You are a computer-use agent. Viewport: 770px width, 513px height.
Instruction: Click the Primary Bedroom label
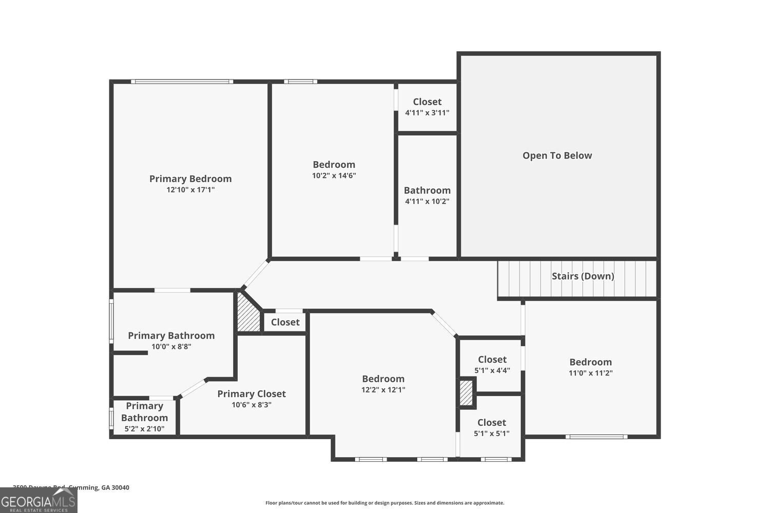(190, 179)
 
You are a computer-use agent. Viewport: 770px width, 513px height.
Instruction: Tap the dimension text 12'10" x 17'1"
(190, 190)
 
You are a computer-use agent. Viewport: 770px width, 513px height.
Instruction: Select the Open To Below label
(557, 155)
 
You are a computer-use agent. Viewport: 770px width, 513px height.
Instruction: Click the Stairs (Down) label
(583, 276)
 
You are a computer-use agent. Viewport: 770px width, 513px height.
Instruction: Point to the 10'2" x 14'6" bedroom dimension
(334, 175)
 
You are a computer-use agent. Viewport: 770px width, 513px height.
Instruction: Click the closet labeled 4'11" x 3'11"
(427, 107)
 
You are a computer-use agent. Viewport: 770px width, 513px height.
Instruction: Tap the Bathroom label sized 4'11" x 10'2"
(427, 190)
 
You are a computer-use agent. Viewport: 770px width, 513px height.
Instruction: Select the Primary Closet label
(251, 393)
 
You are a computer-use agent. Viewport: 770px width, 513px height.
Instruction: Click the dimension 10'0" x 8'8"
(171, 347)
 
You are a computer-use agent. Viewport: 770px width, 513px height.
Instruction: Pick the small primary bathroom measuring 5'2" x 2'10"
(144, 417)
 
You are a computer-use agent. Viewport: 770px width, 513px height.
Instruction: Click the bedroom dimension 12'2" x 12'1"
(383, 390)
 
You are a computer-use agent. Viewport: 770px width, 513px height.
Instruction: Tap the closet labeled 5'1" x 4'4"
(492, 364)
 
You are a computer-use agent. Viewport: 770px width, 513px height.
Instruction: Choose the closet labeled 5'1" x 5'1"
(491, 427)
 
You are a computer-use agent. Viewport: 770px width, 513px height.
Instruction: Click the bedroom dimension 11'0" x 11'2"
(590, 373)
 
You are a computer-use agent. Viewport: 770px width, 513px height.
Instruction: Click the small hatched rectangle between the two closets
(466, 392)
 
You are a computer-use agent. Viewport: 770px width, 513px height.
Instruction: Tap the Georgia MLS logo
(38, 500)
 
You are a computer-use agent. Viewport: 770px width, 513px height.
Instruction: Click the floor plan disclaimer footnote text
(384, 503)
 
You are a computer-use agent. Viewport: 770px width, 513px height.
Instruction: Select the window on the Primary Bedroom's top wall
(182, 82)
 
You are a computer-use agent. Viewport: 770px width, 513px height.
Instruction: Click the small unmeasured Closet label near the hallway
(285, 322)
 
